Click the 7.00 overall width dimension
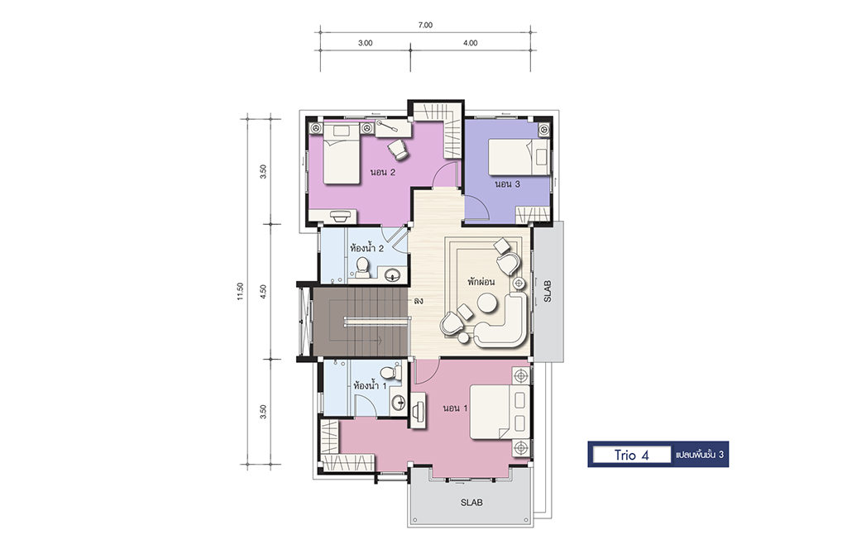[425, 25]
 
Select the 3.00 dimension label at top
[365, 43]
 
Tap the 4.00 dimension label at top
[470, 43]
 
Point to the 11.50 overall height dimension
[241, 291]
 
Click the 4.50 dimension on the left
[263, 292]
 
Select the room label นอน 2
[382, 173]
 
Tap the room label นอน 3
[508, 184]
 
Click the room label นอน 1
[455, 408]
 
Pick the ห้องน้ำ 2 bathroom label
[366, 248]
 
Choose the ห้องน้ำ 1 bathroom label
[370, 385]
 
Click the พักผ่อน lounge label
[481, 282]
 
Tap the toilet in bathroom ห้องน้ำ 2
[362, 267]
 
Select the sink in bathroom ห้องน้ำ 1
[399, 403]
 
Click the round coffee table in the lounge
[486, 303]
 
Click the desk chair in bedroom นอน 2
[400, 150]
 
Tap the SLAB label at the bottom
[471, 503]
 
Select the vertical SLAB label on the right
[548, 291]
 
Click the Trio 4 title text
[631, 455]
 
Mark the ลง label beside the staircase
[418, 301]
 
